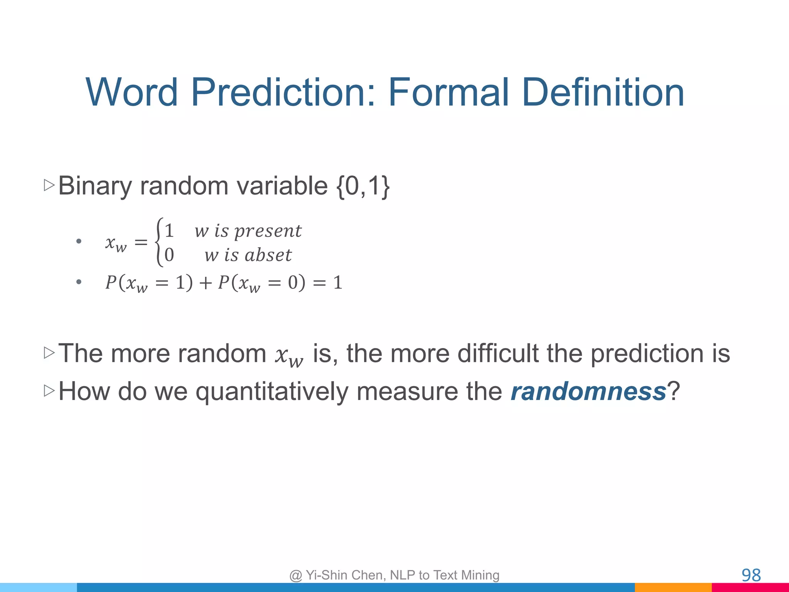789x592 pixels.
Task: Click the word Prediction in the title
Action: (x=283, y=92)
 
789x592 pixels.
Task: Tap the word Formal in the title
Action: (x=449, y=92)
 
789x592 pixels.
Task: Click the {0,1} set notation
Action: (x=363, y=187)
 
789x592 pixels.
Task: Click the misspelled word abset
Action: (x=268, y=255)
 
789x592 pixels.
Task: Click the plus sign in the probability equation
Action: (x=205, y=283)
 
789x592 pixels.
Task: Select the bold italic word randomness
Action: (x=588, y=392)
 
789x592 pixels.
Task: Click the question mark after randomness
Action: (x=673, y=392)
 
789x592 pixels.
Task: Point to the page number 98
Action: (x=751, y=575)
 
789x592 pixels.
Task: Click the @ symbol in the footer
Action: (x=295, y=575)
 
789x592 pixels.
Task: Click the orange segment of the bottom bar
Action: (x=673, y=588)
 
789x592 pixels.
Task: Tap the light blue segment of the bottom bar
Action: (x=39, y=588)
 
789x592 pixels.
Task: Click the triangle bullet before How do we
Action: (x=49, y=391)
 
